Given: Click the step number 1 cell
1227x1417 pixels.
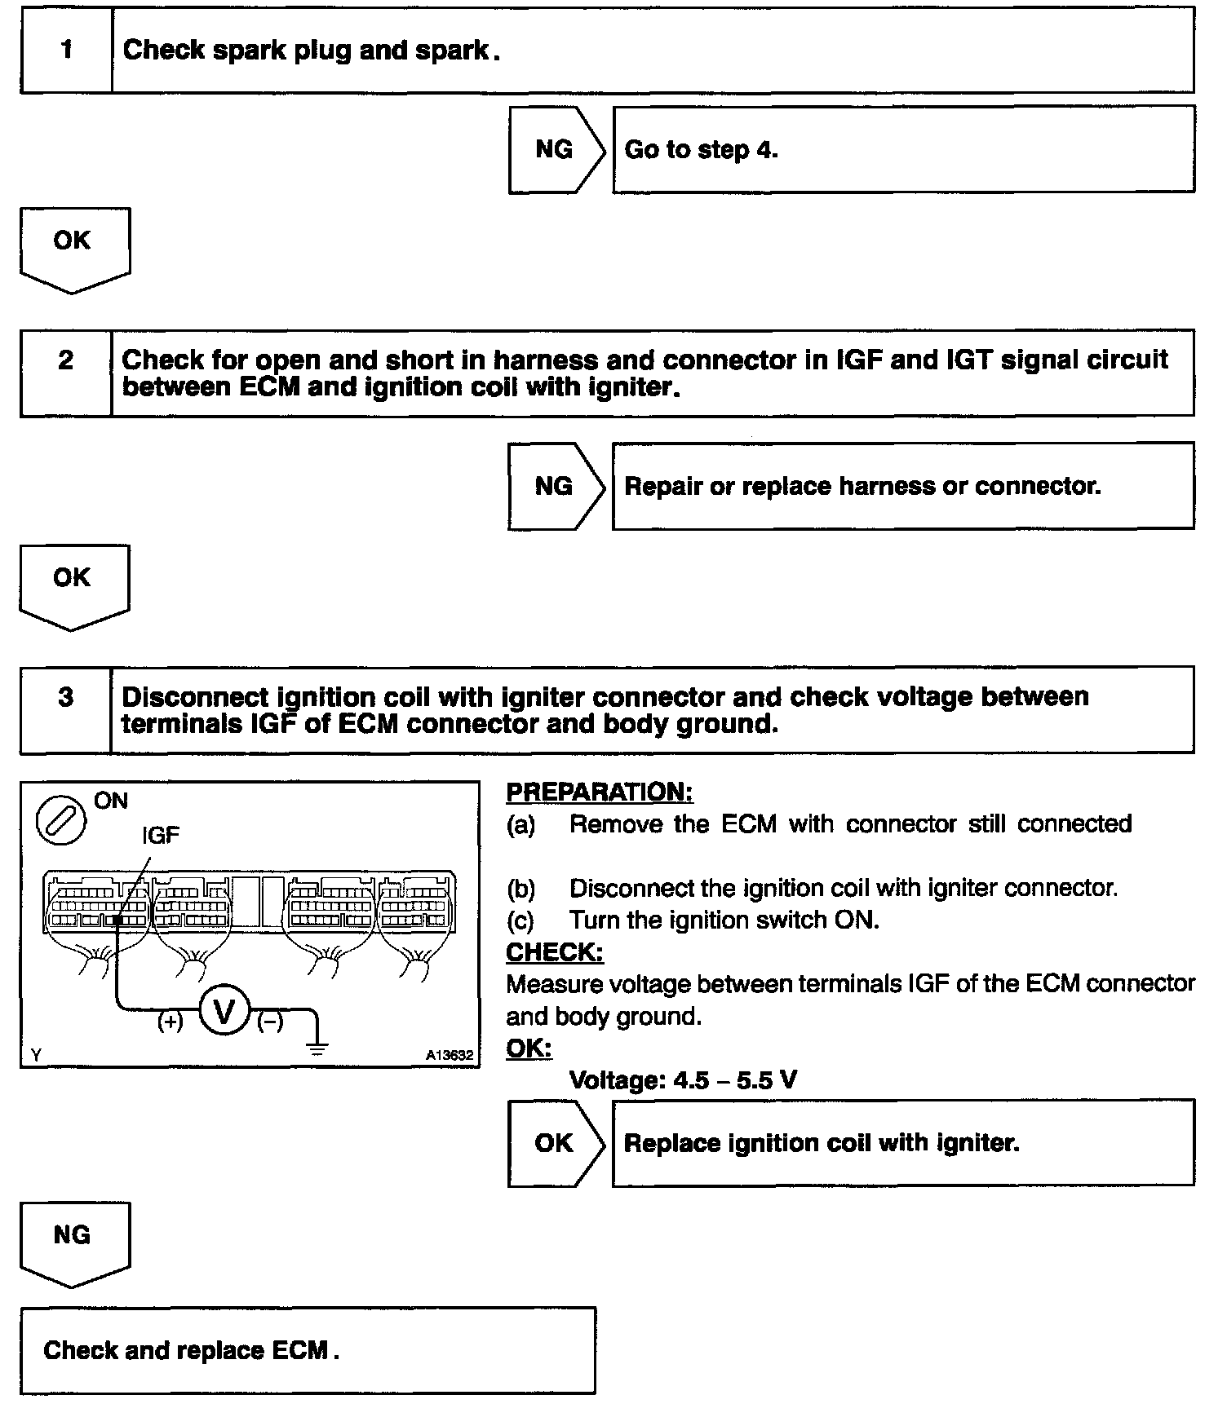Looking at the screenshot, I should tap(66, 51).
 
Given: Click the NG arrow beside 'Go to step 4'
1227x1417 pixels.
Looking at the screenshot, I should tap(555, 149).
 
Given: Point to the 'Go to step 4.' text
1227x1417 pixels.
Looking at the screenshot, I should tap(701, 150).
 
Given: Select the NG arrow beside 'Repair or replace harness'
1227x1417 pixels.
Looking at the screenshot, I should tap(555, 487).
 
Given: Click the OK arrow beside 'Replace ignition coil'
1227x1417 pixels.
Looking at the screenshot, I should tap(555, 1143).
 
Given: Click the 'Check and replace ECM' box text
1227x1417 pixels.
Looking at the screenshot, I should tap(191, 1350).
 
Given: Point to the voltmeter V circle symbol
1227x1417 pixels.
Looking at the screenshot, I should tap(224, 1012).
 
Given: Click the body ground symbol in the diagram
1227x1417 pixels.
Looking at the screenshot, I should tap(318, 1046).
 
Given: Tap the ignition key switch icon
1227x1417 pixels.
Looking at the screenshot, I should tap(61, 819).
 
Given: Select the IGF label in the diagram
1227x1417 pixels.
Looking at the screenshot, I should tap(161, 835).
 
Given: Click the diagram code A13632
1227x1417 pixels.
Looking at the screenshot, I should tap(449, 1055).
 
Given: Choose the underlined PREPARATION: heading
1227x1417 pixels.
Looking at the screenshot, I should tap(600, 792).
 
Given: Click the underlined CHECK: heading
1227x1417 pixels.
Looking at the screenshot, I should tap(555, 952).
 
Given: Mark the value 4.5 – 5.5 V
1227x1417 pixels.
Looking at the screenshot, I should tap(735, 1080).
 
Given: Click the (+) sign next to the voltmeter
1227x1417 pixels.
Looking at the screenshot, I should tap(170, 1022).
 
